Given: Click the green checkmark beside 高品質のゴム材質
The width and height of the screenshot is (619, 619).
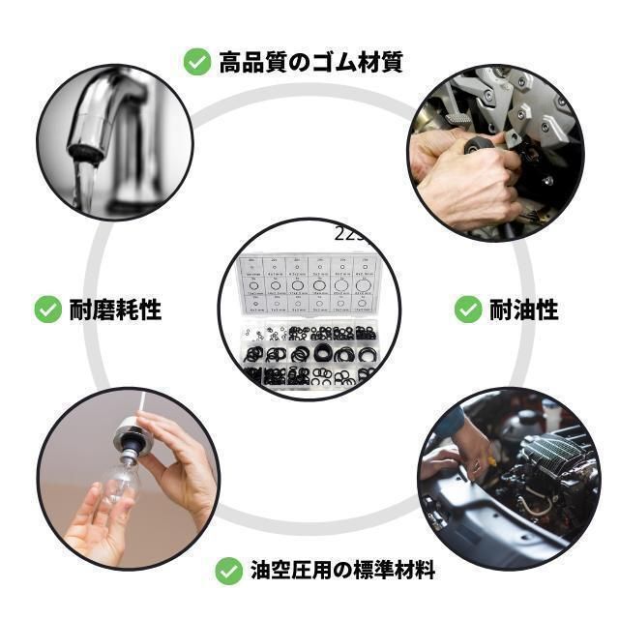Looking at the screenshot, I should click(x=197, y=63).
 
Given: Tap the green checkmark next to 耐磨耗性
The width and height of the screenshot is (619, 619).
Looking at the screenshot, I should click(x=48, y=309).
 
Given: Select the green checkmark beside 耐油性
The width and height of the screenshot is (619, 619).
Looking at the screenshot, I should click(x=468, y=309).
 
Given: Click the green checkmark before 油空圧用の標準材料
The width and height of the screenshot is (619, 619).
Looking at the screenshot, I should click(x=228, y=571).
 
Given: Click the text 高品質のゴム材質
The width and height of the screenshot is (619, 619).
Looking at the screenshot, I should click(x=309, y=63).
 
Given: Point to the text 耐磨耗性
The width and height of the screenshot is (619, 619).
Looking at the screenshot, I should click(x=115, y=309).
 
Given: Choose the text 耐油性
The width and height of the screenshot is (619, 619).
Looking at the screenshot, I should click(x=523, y=309).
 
